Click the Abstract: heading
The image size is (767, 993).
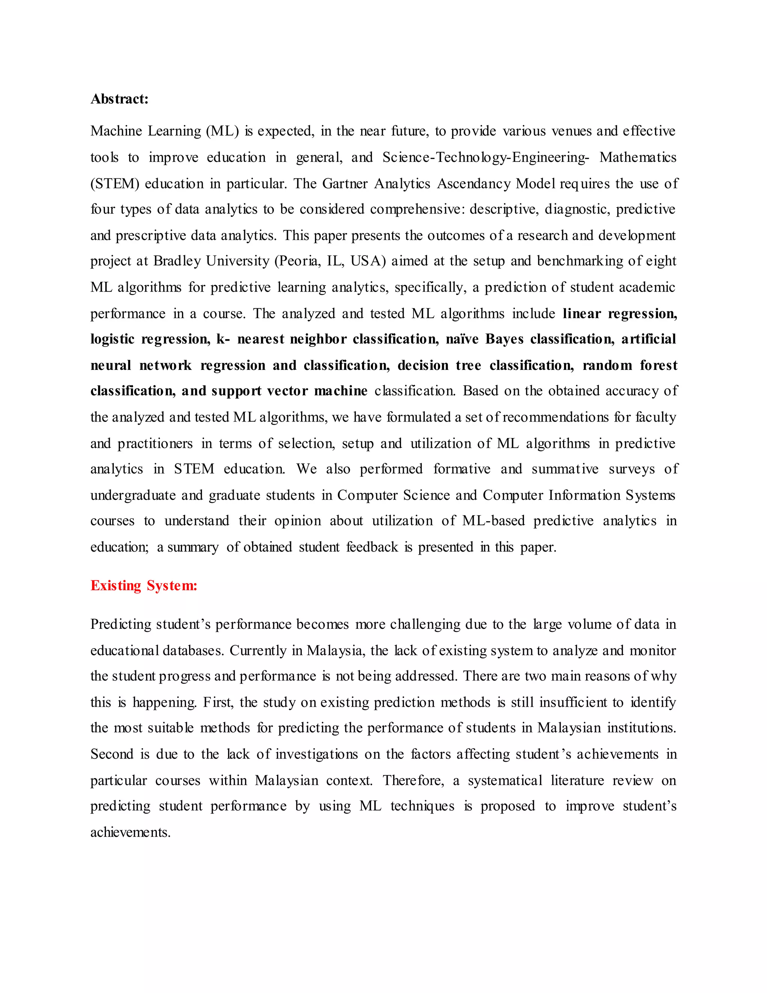tap(119, 99)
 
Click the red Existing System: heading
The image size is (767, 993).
tap(143, 585)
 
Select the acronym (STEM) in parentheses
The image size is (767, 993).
tap(115, 183)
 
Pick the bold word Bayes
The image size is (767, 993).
tap(504, 339)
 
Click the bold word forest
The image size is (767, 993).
tap(658, 365)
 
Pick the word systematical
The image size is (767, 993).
tap(505, 780)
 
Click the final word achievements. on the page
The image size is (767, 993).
tap(130, 832)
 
